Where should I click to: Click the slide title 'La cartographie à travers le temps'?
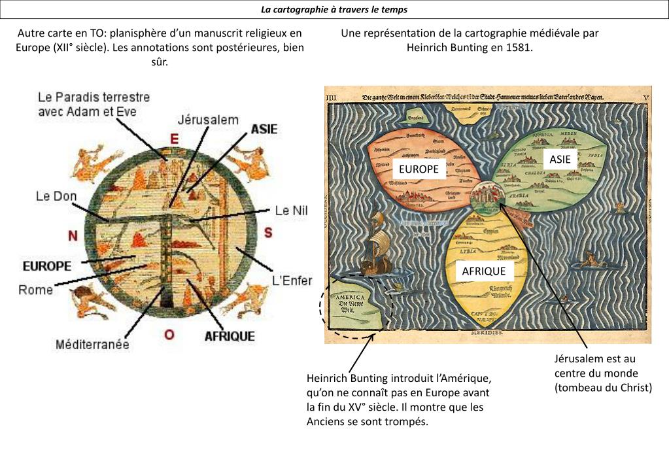tap(334, 9)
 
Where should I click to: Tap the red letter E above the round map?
tap(174, 139)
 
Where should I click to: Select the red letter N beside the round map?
tap(73, 235)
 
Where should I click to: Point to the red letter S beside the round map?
tap(268, 233)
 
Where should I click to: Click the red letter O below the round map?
tap(169, 334)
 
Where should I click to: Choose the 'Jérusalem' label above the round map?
tap(208, 120)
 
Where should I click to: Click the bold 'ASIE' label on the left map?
tap(264, 129)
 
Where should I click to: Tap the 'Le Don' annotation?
tap(56, 196)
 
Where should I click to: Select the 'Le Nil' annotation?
tap(290, 211)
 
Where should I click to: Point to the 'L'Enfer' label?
tap(292, 281)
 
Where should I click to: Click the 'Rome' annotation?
tap(35, 290)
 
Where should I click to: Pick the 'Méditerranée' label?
tap(92, 344)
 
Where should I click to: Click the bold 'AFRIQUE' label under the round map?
tap(230, 336)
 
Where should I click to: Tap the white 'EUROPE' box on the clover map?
tap(419, 169)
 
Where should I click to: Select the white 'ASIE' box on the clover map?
tap(560, 159)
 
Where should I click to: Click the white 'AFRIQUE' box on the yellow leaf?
tap(484, 271)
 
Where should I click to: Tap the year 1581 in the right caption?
tap(520, 48)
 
